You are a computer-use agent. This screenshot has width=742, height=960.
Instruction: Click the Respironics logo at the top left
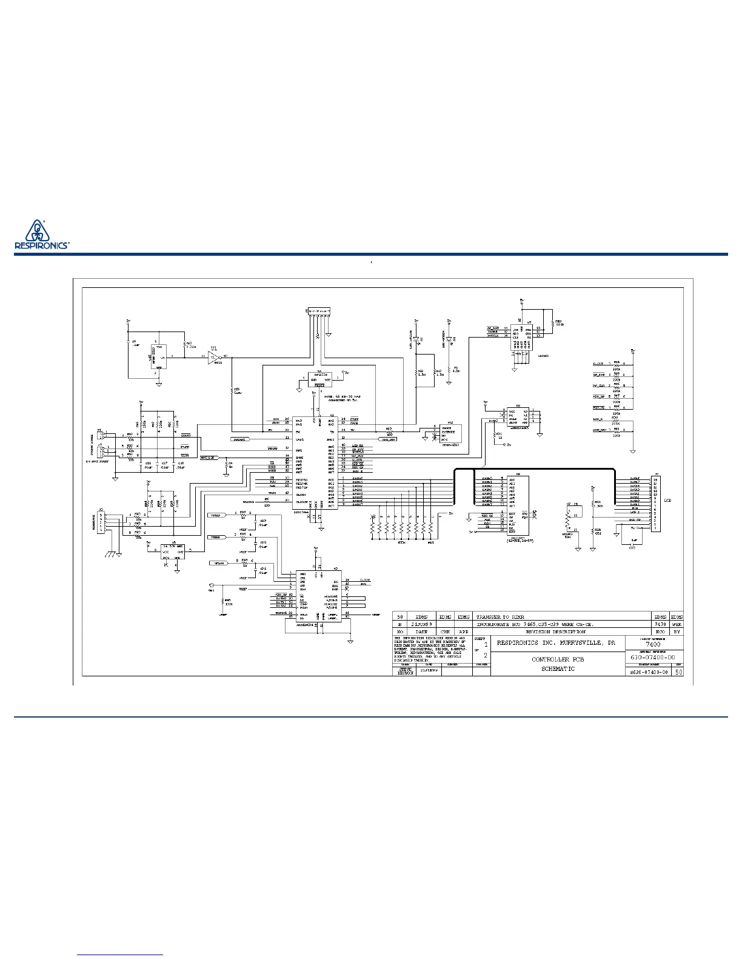tap(41, 234)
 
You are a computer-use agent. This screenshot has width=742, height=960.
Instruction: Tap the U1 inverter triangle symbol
tap(213, 357)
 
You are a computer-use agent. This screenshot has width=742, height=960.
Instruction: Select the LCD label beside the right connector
tap(667, 501)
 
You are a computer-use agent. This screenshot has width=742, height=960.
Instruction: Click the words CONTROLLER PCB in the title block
tap(557, 659)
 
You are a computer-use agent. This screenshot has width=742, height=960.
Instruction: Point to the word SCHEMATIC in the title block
tap(557, 669)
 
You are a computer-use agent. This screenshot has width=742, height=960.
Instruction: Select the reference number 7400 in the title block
tap(653, 644)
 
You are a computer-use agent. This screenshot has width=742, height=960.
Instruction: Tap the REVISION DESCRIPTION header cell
tap(556, 632)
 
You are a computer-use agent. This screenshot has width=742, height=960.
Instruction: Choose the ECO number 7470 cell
tap(660, 624)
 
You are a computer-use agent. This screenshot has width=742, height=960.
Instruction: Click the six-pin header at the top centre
tap(318, 312)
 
